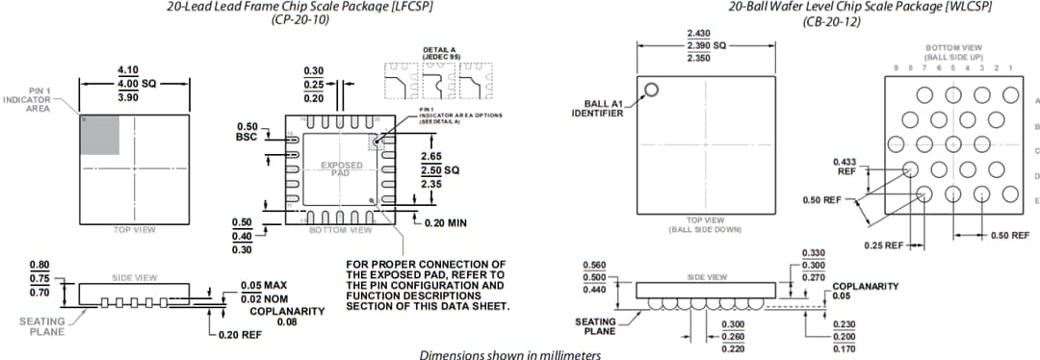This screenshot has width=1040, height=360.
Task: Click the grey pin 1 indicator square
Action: pyautogui.click(x=100, y=135)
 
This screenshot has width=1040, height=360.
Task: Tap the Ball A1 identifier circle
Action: pyautogui.click(x=651, y=90)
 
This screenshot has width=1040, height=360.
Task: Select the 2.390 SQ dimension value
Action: pyautogui.click(x=706, y=45)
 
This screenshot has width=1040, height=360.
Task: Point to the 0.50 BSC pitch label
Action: pyautogui.click(x=246, y=132)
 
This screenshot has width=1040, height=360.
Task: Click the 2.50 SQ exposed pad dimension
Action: pyautogui.click(x=439, y=169)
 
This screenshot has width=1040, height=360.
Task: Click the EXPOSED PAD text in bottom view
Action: pyautogui.click(x=341, y=169)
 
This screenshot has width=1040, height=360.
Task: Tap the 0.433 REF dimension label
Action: pyautogui.click(x=845, y=166)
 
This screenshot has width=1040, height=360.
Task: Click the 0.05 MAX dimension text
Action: pyautogui.click(x=264, y=286)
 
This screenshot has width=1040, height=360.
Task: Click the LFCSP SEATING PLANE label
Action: pyautogui.click(x=42, y=326)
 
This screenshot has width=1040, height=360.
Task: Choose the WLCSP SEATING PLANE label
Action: pyautogui.click(x=595, y=326)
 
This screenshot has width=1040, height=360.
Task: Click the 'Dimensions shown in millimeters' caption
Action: pyautogui.click(x=509, y=354)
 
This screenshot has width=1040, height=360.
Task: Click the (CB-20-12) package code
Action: pyautogui.click(x=832, y=19)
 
